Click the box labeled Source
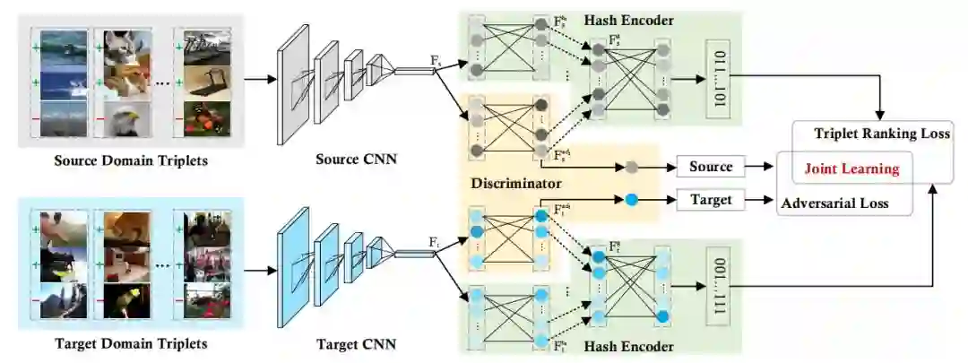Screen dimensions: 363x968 (x=711, y=167)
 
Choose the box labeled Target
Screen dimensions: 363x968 (x=711, y=199)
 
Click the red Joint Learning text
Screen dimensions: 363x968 (x=851, y=168)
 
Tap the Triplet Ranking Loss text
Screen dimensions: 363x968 (x=882, y=134)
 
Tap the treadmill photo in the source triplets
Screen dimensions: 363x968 (x=203, y=82)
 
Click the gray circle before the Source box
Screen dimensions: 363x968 (x=631, y=167)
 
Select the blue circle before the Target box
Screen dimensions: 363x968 (x=631, y=199)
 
